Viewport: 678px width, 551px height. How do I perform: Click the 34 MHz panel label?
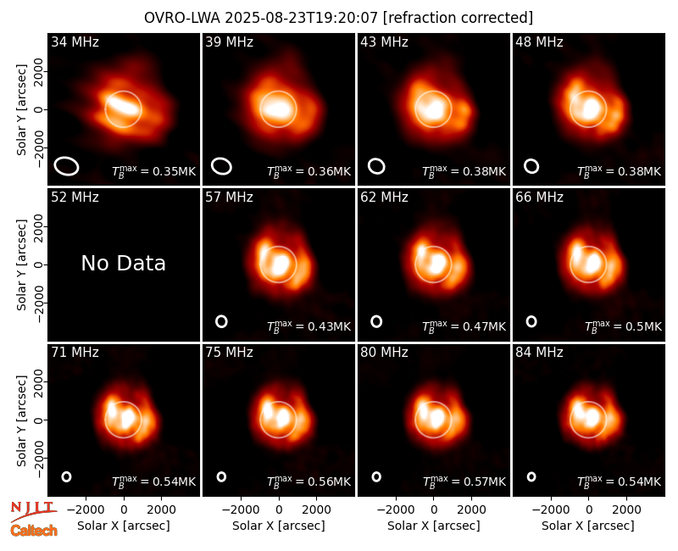(x=75, y=42)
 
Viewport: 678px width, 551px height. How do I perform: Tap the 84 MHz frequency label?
(x=539, y=353)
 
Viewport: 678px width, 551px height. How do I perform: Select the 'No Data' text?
(x=123, y=263)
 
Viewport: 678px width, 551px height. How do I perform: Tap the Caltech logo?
(x=34, y=531)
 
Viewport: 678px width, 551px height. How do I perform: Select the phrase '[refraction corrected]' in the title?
(x=458, y=18)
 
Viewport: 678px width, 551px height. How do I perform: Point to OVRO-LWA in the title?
(x=182, y=18)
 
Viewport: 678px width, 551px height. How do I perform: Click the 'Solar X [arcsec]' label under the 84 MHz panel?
(x=588, y=526)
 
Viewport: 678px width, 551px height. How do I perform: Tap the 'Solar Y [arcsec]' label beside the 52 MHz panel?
(x=21, y=264)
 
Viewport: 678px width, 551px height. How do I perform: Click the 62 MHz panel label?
(x=385, y=198)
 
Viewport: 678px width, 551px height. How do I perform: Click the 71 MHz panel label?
(x=75, y=353)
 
